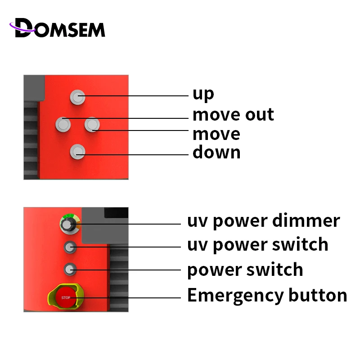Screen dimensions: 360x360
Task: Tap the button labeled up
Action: [x=77, y=96]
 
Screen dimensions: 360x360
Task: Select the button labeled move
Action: [x=91, y=124]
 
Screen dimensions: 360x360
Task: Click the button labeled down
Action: [x=77, y=152]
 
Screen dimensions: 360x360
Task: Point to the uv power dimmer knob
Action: [x=68, y=224]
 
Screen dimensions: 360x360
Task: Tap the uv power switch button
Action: [x=69, y=246]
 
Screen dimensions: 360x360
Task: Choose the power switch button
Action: [x=69, y=270]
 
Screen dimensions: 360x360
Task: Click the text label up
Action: [x=203, y=94]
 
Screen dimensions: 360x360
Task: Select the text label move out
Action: [x=233, y=115]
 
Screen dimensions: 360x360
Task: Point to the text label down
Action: [x=216, y=153]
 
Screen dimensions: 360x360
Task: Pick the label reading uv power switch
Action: [x=257, y=245]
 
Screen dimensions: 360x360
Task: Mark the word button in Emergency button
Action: [x=318, y=296]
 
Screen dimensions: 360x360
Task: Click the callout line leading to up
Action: [x=135, y=96]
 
